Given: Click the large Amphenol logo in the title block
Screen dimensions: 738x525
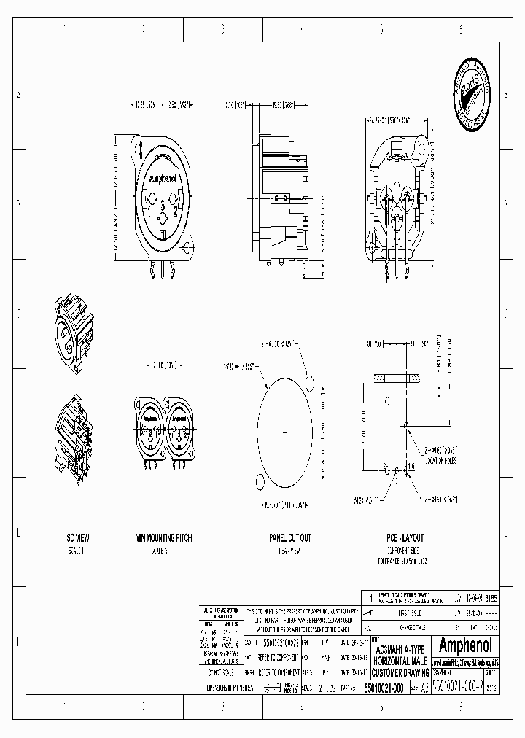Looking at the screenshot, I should point(467,645).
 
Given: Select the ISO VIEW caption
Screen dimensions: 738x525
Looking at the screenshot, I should point(77,537).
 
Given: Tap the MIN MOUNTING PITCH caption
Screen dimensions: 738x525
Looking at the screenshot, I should point(163,537).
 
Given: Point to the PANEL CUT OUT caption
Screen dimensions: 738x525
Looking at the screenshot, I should point(289,537).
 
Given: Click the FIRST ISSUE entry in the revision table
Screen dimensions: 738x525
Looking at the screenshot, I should point(394,615).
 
